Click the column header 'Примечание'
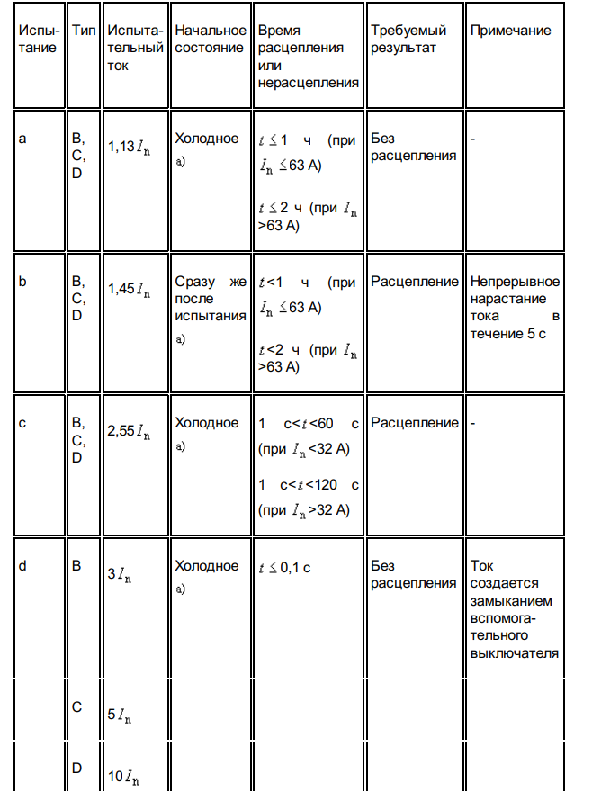(x=510, y=31)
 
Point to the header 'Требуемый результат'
(x=408, y=40)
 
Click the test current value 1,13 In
(x=129, y=147)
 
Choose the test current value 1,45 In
(x=129, y=289)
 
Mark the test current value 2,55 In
(x=129, y=431)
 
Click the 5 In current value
(x=120, y=715)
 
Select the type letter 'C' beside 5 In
(x=77, y=707)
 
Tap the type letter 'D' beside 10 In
(x=77, y=768)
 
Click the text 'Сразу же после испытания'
(x=210, y=299)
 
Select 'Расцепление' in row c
(x=414, y=423)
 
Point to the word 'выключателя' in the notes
(x=514, y=652)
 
